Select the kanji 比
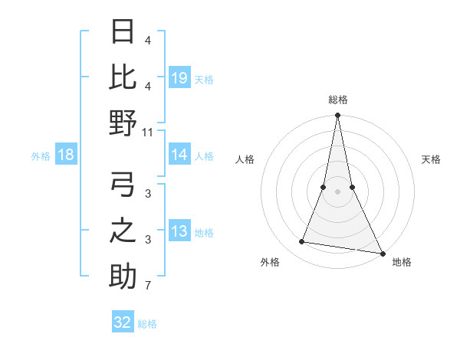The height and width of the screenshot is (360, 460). point(123,77)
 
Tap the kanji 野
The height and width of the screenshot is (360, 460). point(123,123)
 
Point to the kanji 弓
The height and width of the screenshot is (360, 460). point(123,185)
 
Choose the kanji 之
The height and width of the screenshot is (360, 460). point(123,231)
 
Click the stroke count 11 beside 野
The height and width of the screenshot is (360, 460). point(148,132)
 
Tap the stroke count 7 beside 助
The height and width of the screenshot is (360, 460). point(148,286)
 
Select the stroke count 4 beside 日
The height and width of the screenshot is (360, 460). point(148,40)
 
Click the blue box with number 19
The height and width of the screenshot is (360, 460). point(179,77)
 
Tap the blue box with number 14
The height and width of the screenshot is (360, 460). point(179,155)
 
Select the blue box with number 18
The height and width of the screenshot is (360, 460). point(66,155)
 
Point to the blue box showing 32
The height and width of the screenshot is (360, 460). point(123,322)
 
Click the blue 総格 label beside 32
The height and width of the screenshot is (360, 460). point(147,323)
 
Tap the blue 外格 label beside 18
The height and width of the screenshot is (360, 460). point(41,156)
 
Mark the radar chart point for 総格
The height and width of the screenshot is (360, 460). point(337,116)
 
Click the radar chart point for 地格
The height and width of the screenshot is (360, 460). point(382,253)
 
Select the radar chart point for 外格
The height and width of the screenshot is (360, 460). point(302,242)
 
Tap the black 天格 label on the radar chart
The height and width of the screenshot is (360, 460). point(432,159)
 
